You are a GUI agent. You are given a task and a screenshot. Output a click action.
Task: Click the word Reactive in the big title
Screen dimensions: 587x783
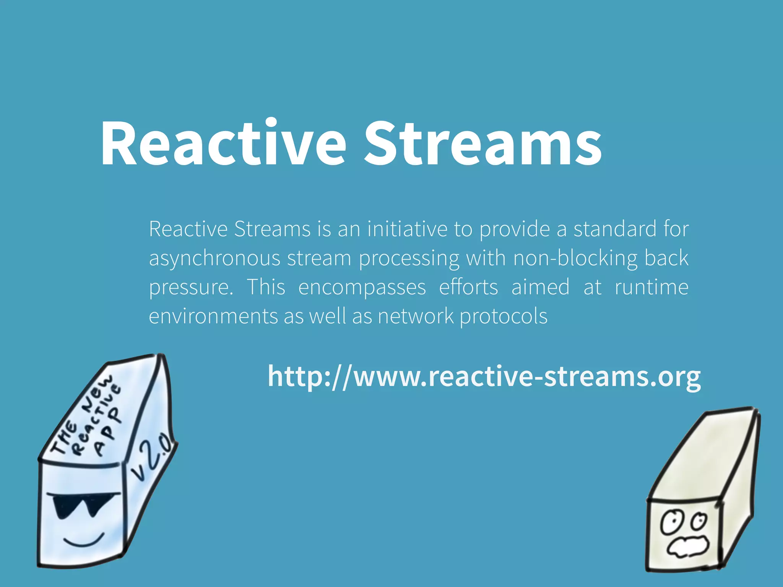click(223, 143)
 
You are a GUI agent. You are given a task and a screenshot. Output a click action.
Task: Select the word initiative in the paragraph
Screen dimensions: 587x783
click(407, 229)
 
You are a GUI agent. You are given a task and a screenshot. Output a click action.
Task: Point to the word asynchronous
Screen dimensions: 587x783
click(214, 259)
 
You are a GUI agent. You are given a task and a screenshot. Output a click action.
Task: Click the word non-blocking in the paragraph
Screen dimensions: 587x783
click(575, 258)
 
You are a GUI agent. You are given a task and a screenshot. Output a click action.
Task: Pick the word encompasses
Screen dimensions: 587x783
click(362, 288)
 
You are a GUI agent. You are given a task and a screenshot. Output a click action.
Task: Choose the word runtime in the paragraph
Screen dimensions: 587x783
click(651, 287)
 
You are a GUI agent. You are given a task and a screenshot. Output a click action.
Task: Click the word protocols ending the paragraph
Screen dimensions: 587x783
click(504, 317)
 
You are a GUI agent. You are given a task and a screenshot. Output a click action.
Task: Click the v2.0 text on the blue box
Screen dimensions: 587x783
click(151, 457)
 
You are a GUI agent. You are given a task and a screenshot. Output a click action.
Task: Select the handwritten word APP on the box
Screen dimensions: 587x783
click(107, 432)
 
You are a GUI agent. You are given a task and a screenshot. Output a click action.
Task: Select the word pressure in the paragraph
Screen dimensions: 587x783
click(191, 288)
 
